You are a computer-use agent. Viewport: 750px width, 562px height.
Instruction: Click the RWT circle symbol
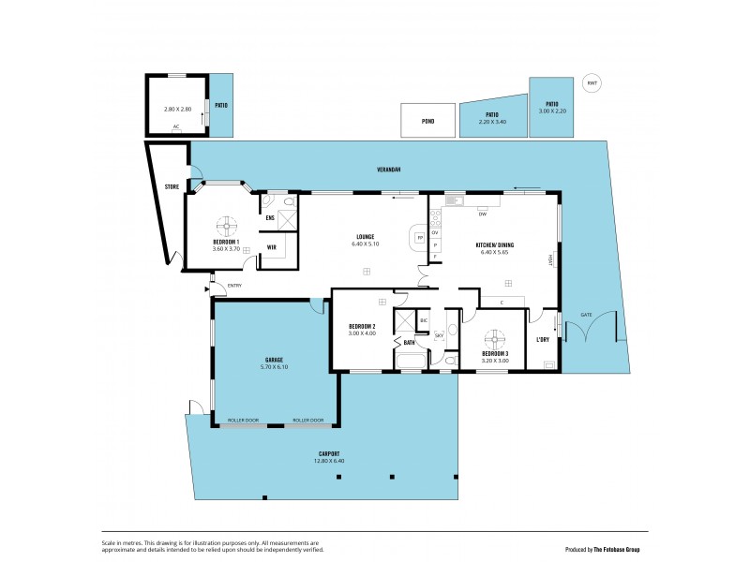[x=592, y=83]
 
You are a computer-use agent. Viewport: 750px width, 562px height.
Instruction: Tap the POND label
[x=427, y=121]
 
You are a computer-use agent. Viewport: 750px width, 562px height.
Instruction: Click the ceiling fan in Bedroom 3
[x=494, y=339]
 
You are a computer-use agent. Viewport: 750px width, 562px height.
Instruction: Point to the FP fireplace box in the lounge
[x=419, y=238]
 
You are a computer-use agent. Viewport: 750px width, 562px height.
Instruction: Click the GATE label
[x=586, y=315]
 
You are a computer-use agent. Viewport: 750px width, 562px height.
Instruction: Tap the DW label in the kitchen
[x=482, y=214]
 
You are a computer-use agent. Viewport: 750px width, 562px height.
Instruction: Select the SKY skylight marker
[x=438, y=334]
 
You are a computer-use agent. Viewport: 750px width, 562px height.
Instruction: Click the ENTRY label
[x=234, y=285]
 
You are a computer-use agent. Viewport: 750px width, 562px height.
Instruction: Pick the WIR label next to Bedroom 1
[x=271, y=247]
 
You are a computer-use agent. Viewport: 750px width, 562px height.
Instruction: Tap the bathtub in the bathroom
[x=411, y=362]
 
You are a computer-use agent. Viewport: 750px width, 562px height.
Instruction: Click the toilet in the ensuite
[x=267, y=201]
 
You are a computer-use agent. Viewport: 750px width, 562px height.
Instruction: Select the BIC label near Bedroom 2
[x=424, y=320]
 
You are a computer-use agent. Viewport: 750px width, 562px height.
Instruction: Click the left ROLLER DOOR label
[x=243, y=421]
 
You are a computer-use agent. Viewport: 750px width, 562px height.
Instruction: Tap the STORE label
[x=172, y=187]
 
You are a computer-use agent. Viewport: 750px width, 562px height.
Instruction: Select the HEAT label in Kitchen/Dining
[x=552, y=259]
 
